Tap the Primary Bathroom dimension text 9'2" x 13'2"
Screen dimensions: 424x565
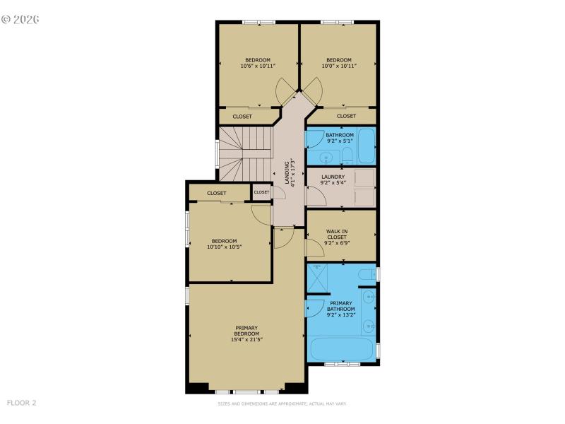340,314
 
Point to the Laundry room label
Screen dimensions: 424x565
333,177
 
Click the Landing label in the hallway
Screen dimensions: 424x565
287,172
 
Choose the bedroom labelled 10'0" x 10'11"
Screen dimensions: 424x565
339,59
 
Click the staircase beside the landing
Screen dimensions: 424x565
244,152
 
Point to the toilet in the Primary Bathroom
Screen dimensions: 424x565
366,274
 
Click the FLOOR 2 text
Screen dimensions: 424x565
21,403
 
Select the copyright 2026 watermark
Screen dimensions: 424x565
20,19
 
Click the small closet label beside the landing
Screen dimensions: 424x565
261,192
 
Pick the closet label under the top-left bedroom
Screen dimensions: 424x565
242,116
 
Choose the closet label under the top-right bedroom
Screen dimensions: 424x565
346,116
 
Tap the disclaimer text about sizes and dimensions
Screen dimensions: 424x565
282,404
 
